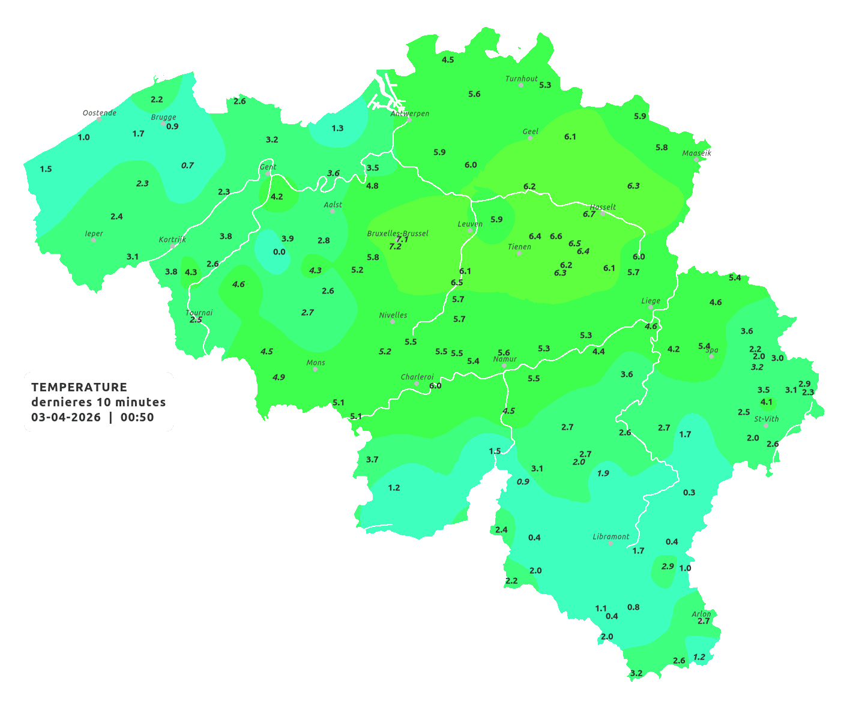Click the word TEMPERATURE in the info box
coord(79,387)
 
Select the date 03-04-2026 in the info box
coord(66,417)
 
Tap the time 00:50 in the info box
coord(137,417)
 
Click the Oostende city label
coord(99,113)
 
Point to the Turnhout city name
coord(521,79)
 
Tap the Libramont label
coord(610,537)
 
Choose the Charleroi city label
coord(417,377)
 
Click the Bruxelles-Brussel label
coord(397,233)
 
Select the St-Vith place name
coord(766,419)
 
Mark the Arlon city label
coord(701,614)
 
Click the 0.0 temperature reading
coord(279,251)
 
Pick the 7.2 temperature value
coord(395,247)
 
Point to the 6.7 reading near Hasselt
coord(589,214)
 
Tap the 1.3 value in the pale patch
coord(337,128)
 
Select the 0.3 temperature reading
coord(689,492)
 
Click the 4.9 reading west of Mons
coord(279,377)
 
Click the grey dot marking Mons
coord(315,369)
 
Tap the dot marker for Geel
coord(530,138)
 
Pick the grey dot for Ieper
coord(94,240)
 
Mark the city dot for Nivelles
coord(393,322)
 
